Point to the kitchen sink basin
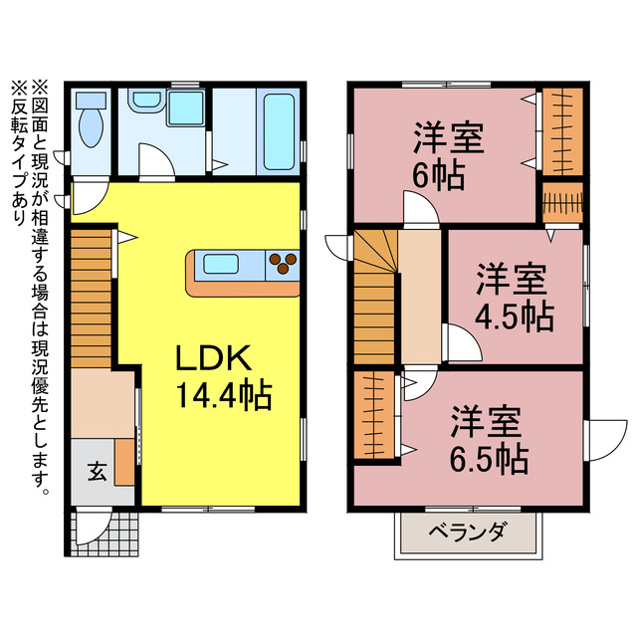click(x=220, y=264)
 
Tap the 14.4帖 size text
click(x=225, y=397)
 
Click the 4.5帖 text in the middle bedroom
click(x=513, y=316)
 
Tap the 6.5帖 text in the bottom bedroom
click(x=487, y=460)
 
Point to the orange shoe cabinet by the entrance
click(x=124, y=461)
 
